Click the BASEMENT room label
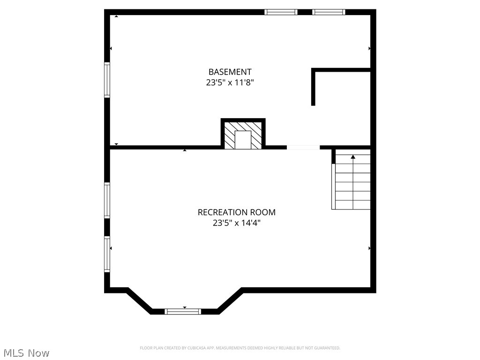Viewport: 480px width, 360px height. [230, 72]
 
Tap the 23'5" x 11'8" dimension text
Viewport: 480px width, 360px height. [230, 82]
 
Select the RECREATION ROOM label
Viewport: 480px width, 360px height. [236, 212]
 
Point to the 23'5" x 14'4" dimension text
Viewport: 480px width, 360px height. [236, 223]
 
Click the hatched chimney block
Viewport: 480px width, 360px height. [229, 135]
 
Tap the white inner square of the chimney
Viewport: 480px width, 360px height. [243, 140]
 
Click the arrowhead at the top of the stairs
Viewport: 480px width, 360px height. [353, 157]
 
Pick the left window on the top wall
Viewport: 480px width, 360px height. [281, 12]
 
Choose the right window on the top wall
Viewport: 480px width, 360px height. [329, 12]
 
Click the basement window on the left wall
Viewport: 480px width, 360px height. [107, 80]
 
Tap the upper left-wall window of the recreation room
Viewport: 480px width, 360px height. [107, 200]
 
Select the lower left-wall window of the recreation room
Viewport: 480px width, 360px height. [107, 254]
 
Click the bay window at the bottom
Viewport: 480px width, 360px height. [183, 311]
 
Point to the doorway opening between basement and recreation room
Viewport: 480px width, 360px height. [303, 147]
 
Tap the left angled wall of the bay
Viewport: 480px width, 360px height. [139, 301]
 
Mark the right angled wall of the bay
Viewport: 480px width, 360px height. [230, 301]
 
